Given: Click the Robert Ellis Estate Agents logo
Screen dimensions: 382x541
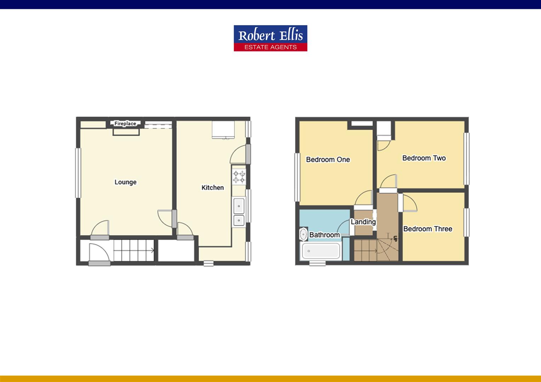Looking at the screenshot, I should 270,38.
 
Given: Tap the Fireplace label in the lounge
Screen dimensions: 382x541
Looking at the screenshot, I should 125,123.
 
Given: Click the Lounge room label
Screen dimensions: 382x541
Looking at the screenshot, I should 125,182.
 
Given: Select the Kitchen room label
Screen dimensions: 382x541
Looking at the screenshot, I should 212,187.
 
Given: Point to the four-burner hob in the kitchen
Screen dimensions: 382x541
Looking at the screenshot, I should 239,177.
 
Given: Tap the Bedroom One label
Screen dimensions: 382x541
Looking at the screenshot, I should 328,160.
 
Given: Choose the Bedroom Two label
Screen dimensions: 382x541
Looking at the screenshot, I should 424,158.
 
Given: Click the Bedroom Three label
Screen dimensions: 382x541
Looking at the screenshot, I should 428,229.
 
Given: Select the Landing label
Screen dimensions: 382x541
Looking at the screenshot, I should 363,222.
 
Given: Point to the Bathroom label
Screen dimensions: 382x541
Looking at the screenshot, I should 324,235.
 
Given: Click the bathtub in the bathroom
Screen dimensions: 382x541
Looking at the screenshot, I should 321,251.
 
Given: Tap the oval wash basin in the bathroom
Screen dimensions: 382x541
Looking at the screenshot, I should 303,235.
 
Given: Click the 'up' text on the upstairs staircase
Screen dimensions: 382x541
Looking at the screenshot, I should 395,238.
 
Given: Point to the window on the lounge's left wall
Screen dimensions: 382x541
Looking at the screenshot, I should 78,173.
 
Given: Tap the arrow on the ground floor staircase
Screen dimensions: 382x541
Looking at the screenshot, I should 152,251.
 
